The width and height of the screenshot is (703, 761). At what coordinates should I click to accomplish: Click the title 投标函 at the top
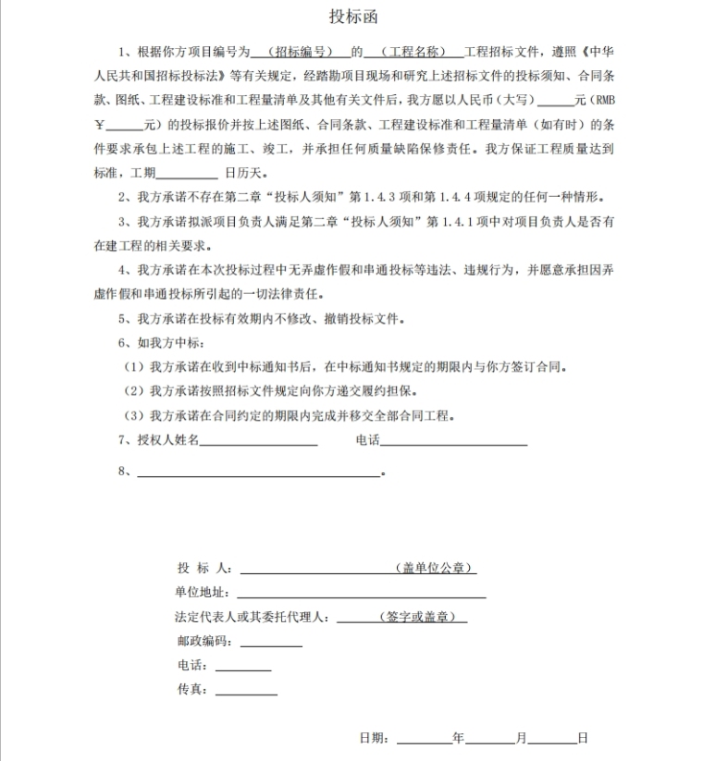coord(353,17)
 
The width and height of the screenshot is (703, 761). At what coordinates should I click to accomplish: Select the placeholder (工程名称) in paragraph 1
coord(413,51)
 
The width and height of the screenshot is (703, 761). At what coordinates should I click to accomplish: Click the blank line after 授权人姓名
coord(259,442)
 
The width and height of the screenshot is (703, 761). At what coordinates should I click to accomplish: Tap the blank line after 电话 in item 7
coord(453,442)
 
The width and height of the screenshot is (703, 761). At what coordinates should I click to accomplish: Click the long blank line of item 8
coord(259,473)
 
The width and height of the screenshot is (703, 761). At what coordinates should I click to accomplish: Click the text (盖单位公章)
coord(434,568)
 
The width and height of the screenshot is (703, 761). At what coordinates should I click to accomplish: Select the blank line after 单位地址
coord(361,594)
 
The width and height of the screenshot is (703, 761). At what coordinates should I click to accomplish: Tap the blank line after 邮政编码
coord(271,642)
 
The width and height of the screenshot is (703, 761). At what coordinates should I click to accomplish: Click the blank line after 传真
coord(246,690)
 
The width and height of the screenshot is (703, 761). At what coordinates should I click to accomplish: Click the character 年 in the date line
coord(459,738)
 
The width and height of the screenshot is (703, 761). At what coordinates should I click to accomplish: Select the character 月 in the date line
coord(522,738)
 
